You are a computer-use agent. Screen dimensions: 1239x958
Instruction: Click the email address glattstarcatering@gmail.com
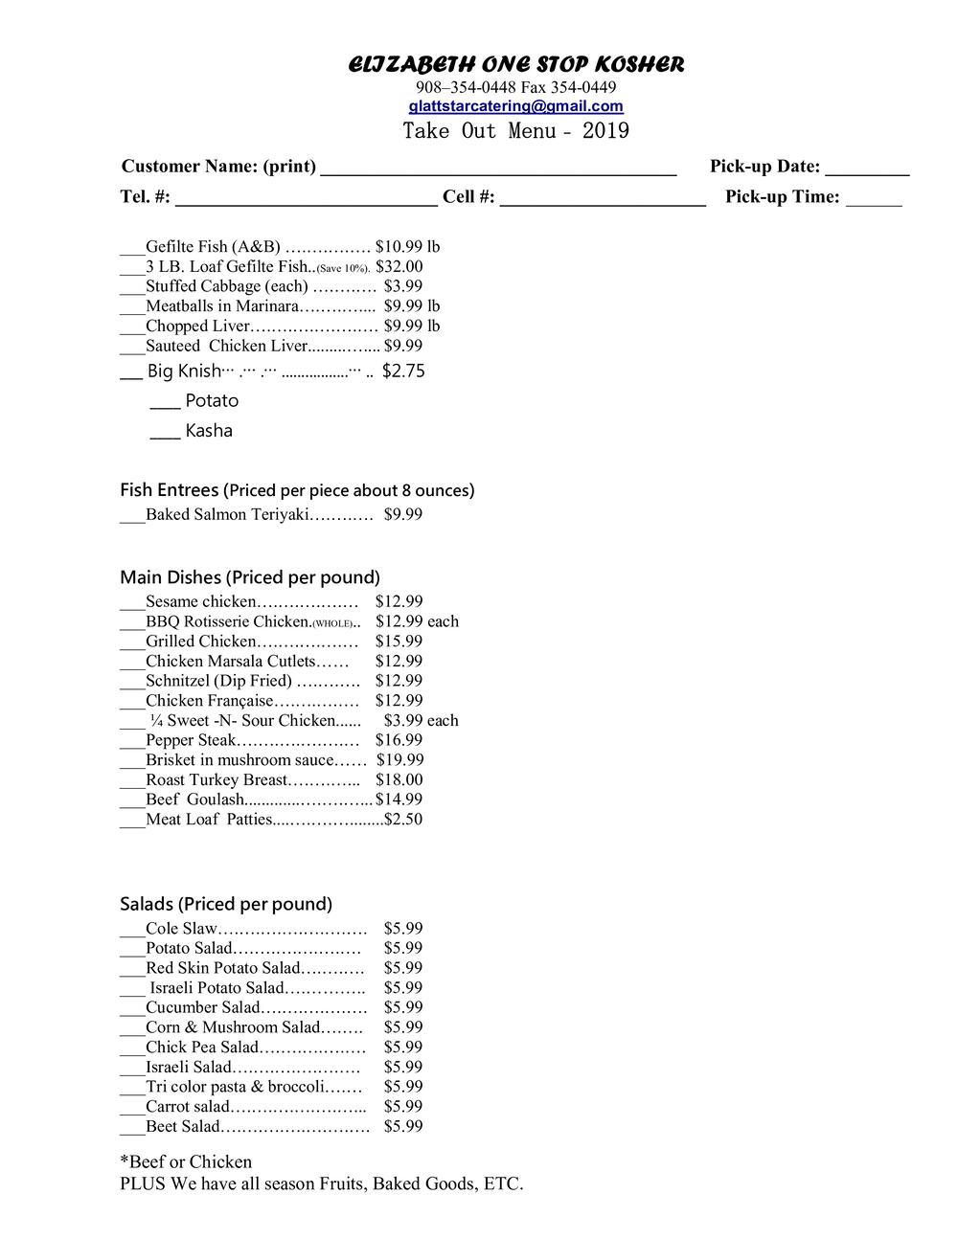pyautogui.click(x=515, y=106)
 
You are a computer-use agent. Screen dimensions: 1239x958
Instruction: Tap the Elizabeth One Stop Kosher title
pyautogui.click(x=515, y=65)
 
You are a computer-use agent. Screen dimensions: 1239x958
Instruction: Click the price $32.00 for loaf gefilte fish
pyautogui.click(x=399, y=266)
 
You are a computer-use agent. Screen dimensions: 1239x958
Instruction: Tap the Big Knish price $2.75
pyautogui.click(x=403, y=372)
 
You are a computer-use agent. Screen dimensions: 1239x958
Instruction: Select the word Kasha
pyautogui.click(x=209, y=431)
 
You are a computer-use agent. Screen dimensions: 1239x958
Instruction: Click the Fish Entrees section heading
pyautogui.click(x=169, y=490)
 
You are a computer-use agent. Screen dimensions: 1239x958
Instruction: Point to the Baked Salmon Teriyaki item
pyautogui.click(x=227, y=515)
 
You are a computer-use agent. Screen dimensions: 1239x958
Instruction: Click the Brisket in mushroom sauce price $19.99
pyautogui.click(x=399, y=760)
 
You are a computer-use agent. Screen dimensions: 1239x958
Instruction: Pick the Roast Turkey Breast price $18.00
pyautogui.click(x=399, y=780)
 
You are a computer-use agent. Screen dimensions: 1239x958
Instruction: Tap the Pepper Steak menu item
pyautogui.click(x=191, y=740)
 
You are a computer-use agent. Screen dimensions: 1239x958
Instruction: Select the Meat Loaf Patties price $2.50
pyautogui.click(x=403, y=820)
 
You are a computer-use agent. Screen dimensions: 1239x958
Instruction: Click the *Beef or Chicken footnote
pyautogui.click(x=186, y=1161)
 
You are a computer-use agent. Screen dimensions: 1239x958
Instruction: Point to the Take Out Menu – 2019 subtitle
pyautogui.click(x=515, y=131)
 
